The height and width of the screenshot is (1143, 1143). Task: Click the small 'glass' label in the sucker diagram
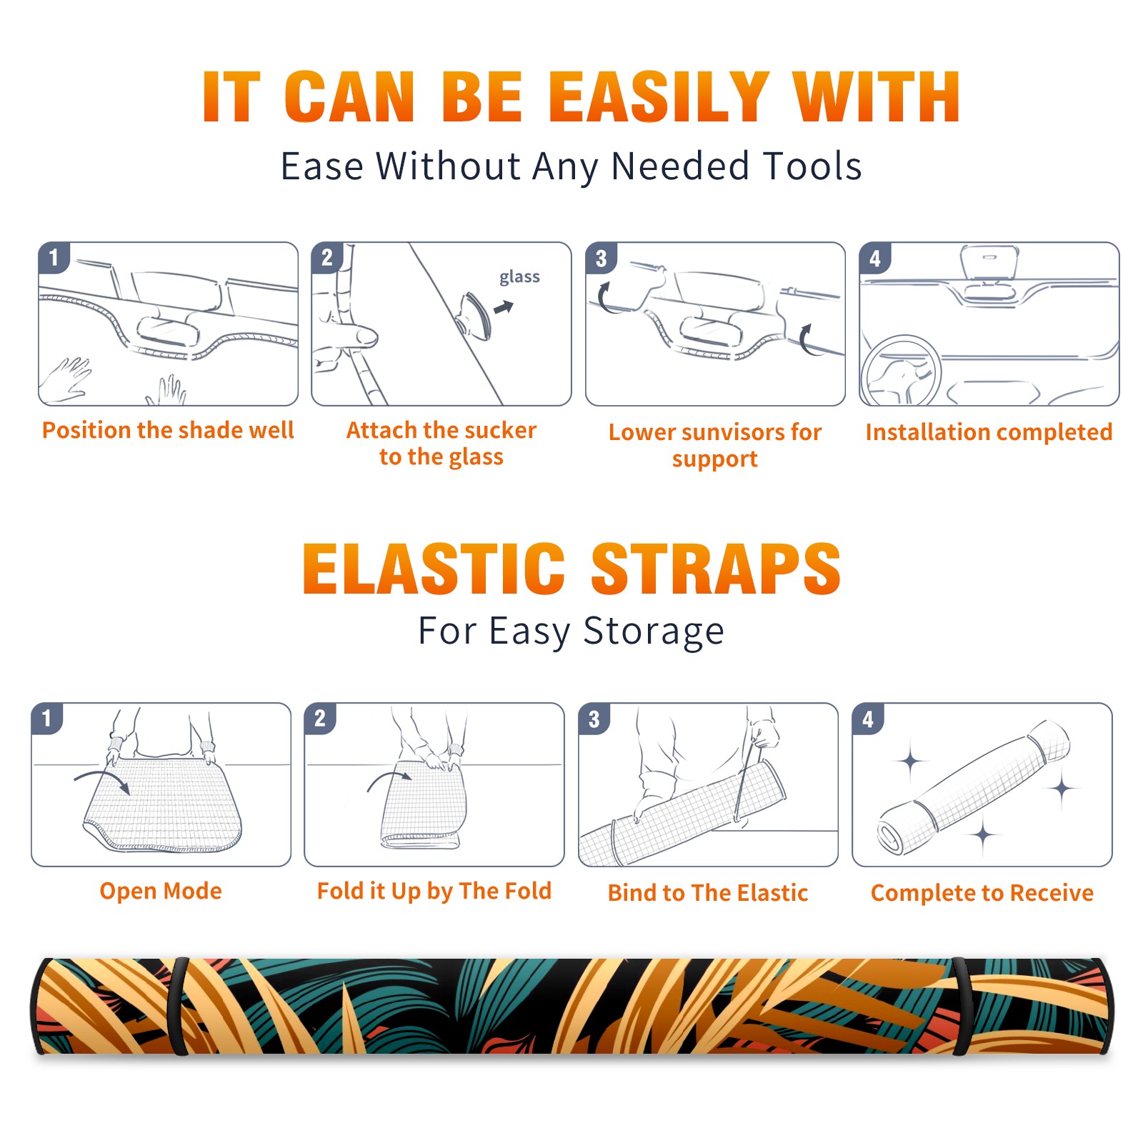click(x=519, y=277)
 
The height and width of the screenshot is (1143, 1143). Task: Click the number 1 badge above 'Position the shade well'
click(x=54, y=257)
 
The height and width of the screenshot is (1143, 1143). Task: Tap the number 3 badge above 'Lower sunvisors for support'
click(x=601, y=258)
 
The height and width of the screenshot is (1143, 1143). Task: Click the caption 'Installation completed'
click(x=989, y=431)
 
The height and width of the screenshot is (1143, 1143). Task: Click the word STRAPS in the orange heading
click(x=716, y=569)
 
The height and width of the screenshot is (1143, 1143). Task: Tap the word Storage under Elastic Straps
click(x=653, y=632)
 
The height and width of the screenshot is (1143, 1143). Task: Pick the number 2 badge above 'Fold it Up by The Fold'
click(x=320, y=718)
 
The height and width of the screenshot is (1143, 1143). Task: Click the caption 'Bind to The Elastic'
click(x=707, y=892)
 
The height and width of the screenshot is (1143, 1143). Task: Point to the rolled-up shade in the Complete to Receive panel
click(x=974, y=787)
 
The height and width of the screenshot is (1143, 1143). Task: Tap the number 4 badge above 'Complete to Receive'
click(x=868, y=719)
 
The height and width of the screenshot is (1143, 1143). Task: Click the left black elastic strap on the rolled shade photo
click(x=179, y=1007)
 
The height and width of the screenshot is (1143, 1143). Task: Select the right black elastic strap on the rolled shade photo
click(x=960, y=1007)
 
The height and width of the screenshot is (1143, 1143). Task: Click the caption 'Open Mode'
click(x=161, y=891)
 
